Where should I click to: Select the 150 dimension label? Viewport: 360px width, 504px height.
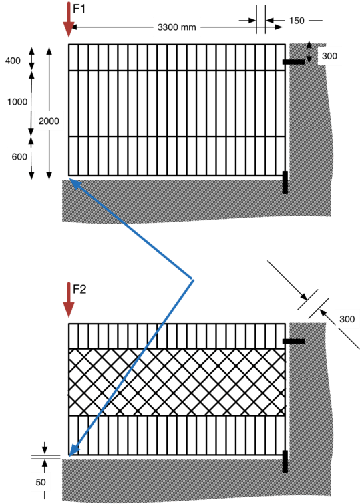(x=297, y=21)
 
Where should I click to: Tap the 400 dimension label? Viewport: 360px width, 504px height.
(x=13, y=61)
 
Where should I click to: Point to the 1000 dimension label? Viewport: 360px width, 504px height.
(x=15, y=102)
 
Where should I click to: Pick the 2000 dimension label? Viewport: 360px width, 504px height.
(x=49, y=121)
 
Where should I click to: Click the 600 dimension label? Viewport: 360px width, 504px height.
(x=19, y=156)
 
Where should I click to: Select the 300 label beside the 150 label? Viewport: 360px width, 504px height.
(x=329, y=56)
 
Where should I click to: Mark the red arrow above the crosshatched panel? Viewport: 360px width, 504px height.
(x=69, y=299)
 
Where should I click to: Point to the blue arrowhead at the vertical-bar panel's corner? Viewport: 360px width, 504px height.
(x=74, y=182)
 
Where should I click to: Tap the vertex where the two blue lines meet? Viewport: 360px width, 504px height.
(x=194, y=280)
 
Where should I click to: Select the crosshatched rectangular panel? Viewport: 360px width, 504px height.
(x=177, y=382)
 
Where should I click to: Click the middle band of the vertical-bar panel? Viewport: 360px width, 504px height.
(x=177, y=103)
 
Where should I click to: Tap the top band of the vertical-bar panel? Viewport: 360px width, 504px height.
(x=177, y=58)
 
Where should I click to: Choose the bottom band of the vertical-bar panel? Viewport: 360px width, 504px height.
(x=177, y=156)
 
